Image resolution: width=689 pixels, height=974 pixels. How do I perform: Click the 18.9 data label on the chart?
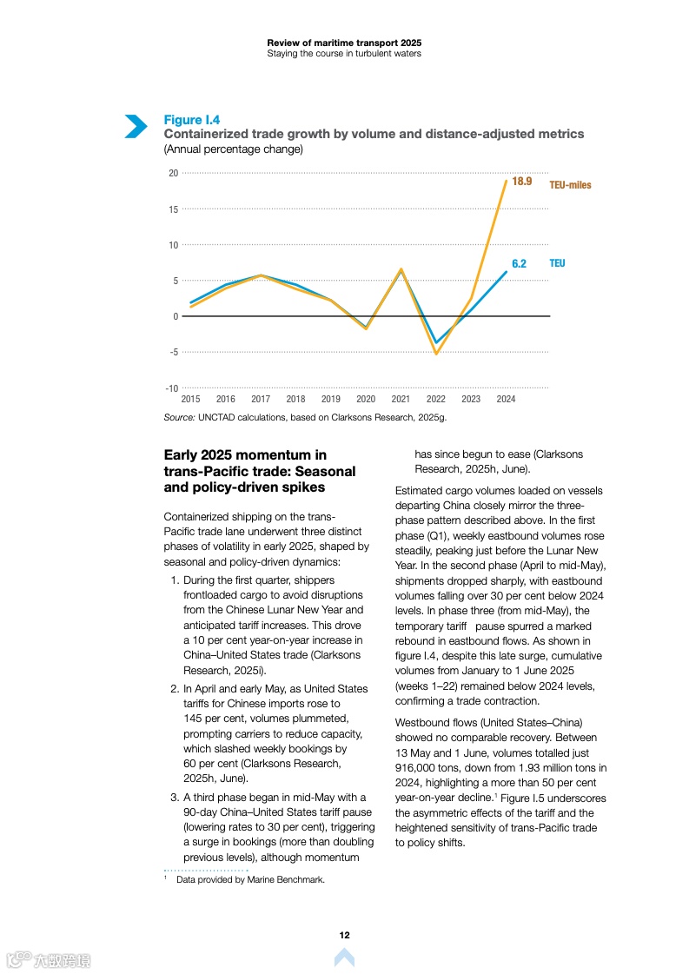point(521,182)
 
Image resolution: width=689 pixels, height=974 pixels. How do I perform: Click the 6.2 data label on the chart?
point(519,263)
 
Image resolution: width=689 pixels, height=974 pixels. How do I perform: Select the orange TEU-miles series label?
point(570,185)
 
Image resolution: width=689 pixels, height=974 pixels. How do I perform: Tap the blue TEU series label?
point(557,263)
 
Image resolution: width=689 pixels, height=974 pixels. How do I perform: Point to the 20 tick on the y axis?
point(173,173)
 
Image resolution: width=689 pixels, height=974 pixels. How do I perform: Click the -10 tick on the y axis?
point(172,388)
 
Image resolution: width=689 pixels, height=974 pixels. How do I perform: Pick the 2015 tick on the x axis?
point(190,400)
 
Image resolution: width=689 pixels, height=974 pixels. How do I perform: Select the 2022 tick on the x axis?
point(435,400)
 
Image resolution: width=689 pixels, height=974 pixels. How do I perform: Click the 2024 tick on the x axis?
point(506,400)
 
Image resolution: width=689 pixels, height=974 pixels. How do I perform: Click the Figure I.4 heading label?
point(192,120)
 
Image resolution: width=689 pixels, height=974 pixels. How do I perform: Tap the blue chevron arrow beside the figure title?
point(136,127)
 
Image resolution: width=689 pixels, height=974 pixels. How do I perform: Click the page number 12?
point(344,935)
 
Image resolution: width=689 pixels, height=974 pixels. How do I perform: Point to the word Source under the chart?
point(179,418)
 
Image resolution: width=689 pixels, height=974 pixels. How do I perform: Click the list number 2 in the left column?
point(174,689)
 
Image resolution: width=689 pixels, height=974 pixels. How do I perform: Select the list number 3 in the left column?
point(174,798)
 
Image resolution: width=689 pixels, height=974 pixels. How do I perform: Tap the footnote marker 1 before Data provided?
point(165,878)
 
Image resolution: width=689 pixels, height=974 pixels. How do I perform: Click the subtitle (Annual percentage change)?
point(233,149)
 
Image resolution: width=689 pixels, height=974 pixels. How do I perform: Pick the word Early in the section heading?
point(181,454)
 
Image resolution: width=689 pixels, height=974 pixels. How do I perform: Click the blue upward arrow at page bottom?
point(344,958)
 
